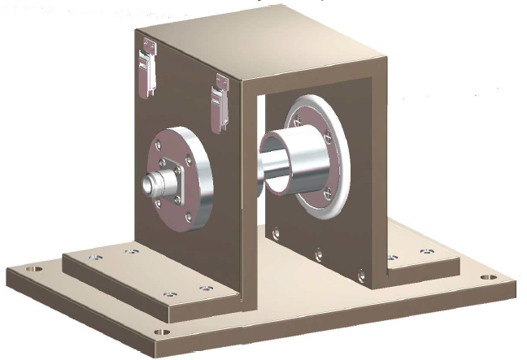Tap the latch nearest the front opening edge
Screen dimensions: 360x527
(x=220, y=101)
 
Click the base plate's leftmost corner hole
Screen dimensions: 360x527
(x=33, y=269)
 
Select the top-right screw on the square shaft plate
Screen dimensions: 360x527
(x=184, y=158)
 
